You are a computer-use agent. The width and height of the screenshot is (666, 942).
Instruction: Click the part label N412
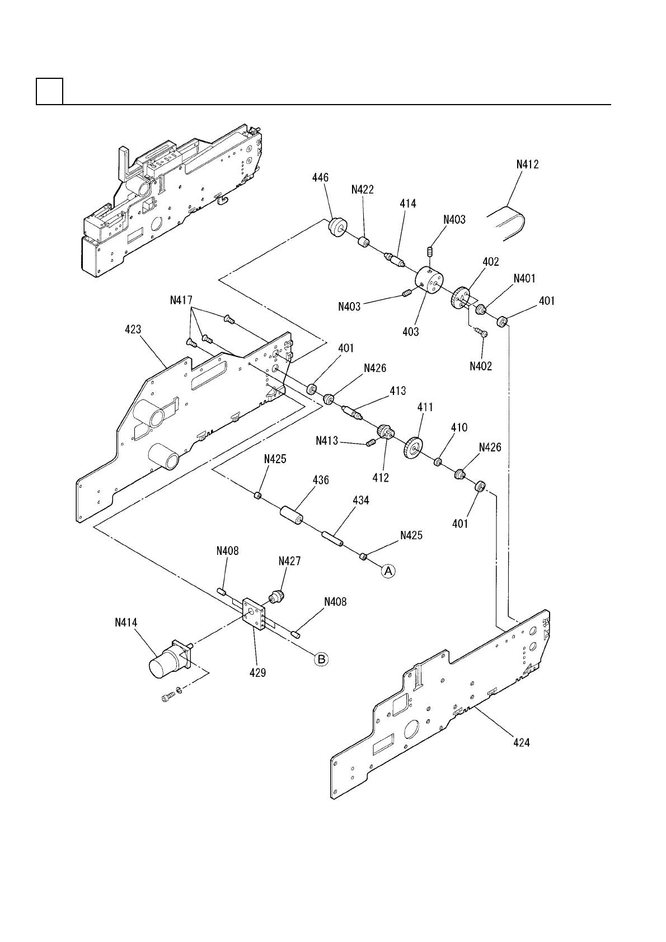pyautogui.click(x=527, y=165)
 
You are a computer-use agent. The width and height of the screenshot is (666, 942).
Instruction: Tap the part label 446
pyautogui.click(x=321, y=177)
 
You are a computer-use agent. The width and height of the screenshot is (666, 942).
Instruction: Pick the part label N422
pyautogui.click(x=363, y=190)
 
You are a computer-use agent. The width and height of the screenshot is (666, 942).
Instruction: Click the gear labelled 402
pyautogui.click(x=460, y=296)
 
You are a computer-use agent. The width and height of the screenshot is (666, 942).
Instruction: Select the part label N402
pyautogui.click(x=481, y=366)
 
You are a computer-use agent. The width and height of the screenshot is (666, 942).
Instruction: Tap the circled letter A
pyautogui.click(x=388, y=571)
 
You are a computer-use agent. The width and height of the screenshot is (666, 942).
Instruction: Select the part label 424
pyautogui.click(x=522, y=743)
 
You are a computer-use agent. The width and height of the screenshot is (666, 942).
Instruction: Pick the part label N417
pyautogui.click(x=182, y=300)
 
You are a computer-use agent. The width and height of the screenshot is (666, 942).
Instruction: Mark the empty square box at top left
pyautogui.click(x=49, y=91)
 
